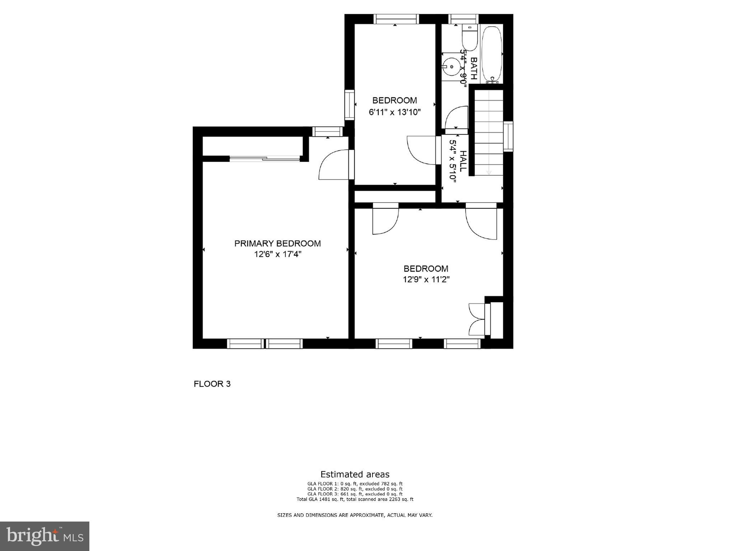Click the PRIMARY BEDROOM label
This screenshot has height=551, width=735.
[x=277, y=244]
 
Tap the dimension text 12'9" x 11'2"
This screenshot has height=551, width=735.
[x=426, y=279]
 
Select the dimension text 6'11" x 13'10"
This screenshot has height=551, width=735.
[x=394, y=112]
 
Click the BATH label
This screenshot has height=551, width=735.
[x=474, y=68]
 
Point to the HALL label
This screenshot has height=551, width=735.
[x=463, y=161]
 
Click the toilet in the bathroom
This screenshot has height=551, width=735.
[x=469, y=38]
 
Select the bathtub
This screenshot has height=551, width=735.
[x=491, y=54]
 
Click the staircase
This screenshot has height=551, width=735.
[x=489, y=133]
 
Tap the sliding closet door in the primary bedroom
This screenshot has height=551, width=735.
[x=265, y=158]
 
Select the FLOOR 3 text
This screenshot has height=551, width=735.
[x=212, y=384]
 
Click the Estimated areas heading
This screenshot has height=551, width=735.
[x=355, y=474]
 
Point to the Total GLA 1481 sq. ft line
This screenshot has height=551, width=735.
[x=355, y=499]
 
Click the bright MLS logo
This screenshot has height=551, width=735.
[x=45, y=536]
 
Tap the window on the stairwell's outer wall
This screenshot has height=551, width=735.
[x=508, y=136]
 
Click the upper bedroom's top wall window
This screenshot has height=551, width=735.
[x=396, y=19]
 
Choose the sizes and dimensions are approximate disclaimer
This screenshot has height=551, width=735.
[x=355, y=515]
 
